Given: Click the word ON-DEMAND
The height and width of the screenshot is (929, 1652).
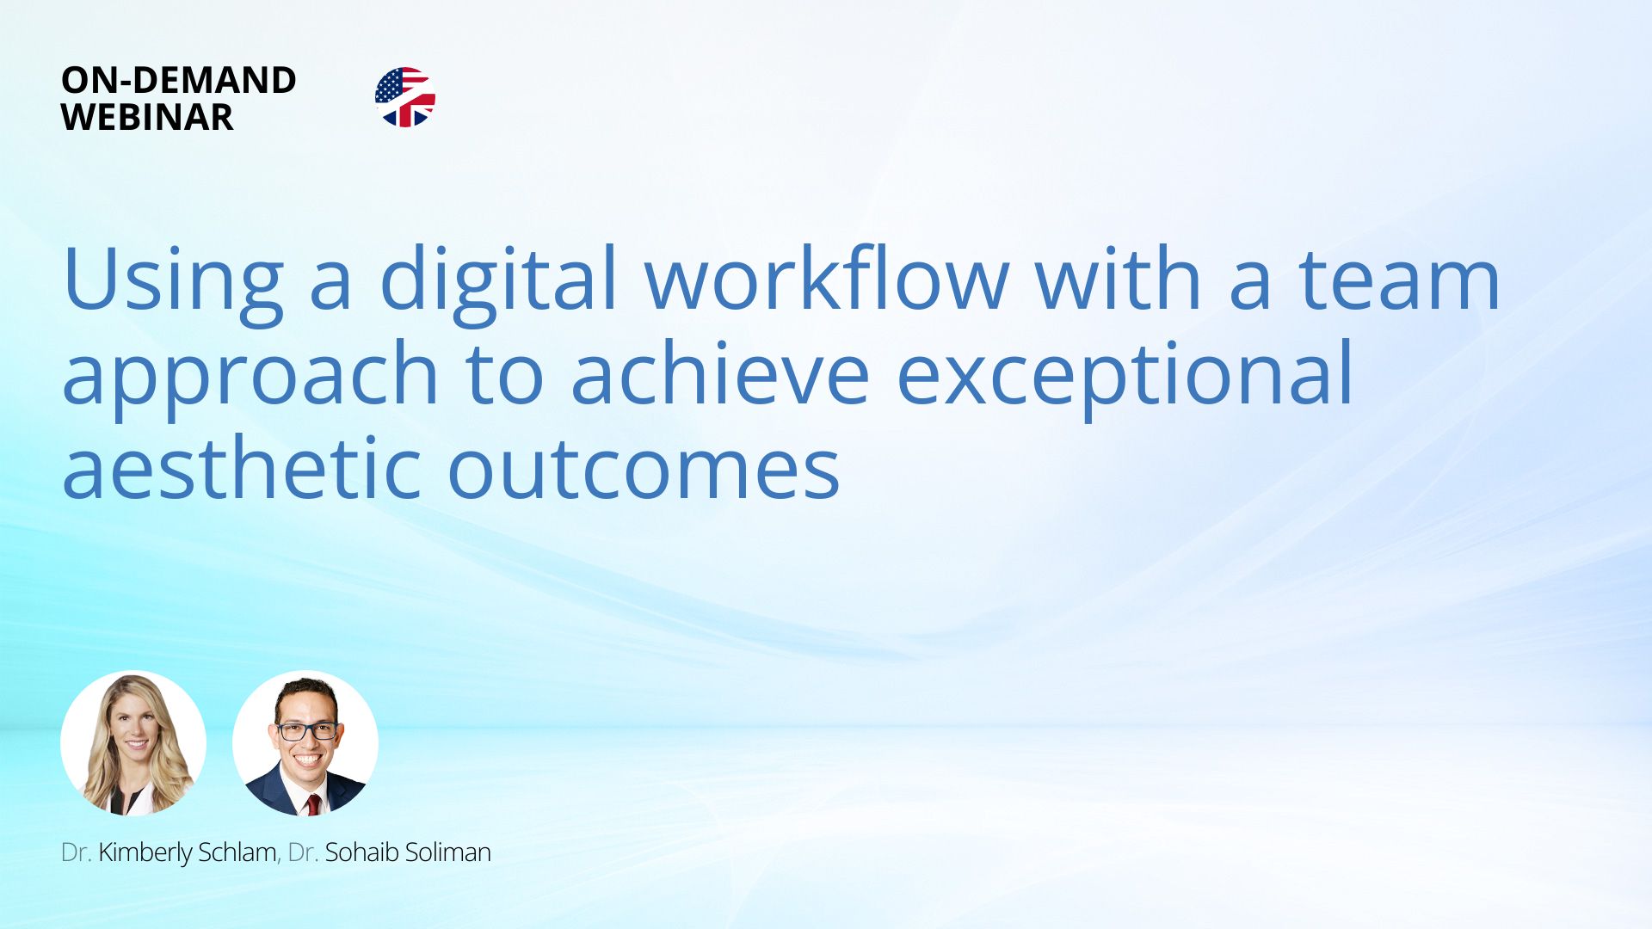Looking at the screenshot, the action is (x=179, y=80).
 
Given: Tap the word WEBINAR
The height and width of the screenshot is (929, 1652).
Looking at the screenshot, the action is (x=147, y=117).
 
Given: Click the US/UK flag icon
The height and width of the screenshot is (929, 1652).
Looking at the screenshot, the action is (x=404, y=97).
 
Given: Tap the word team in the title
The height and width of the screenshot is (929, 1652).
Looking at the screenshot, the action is (x=1400, y=280).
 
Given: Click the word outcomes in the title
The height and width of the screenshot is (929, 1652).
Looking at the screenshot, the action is (x=644, y=470).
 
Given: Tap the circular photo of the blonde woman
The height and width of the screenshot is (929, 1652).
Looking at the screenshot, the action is (x=133, y=743).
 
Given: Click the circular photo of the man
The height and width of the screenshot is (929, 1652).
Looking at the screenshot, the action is (x=305, y=743).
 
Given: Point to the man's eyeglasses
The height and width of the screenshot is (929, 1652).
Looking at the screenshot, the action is (x=306, y=731).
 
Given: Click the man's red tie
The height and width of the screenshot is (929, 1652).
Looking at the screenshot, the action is (x=313, y=804).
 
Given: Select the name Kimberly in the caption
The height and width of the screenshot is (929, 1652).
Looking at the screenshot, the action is (x=145, y=852).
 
